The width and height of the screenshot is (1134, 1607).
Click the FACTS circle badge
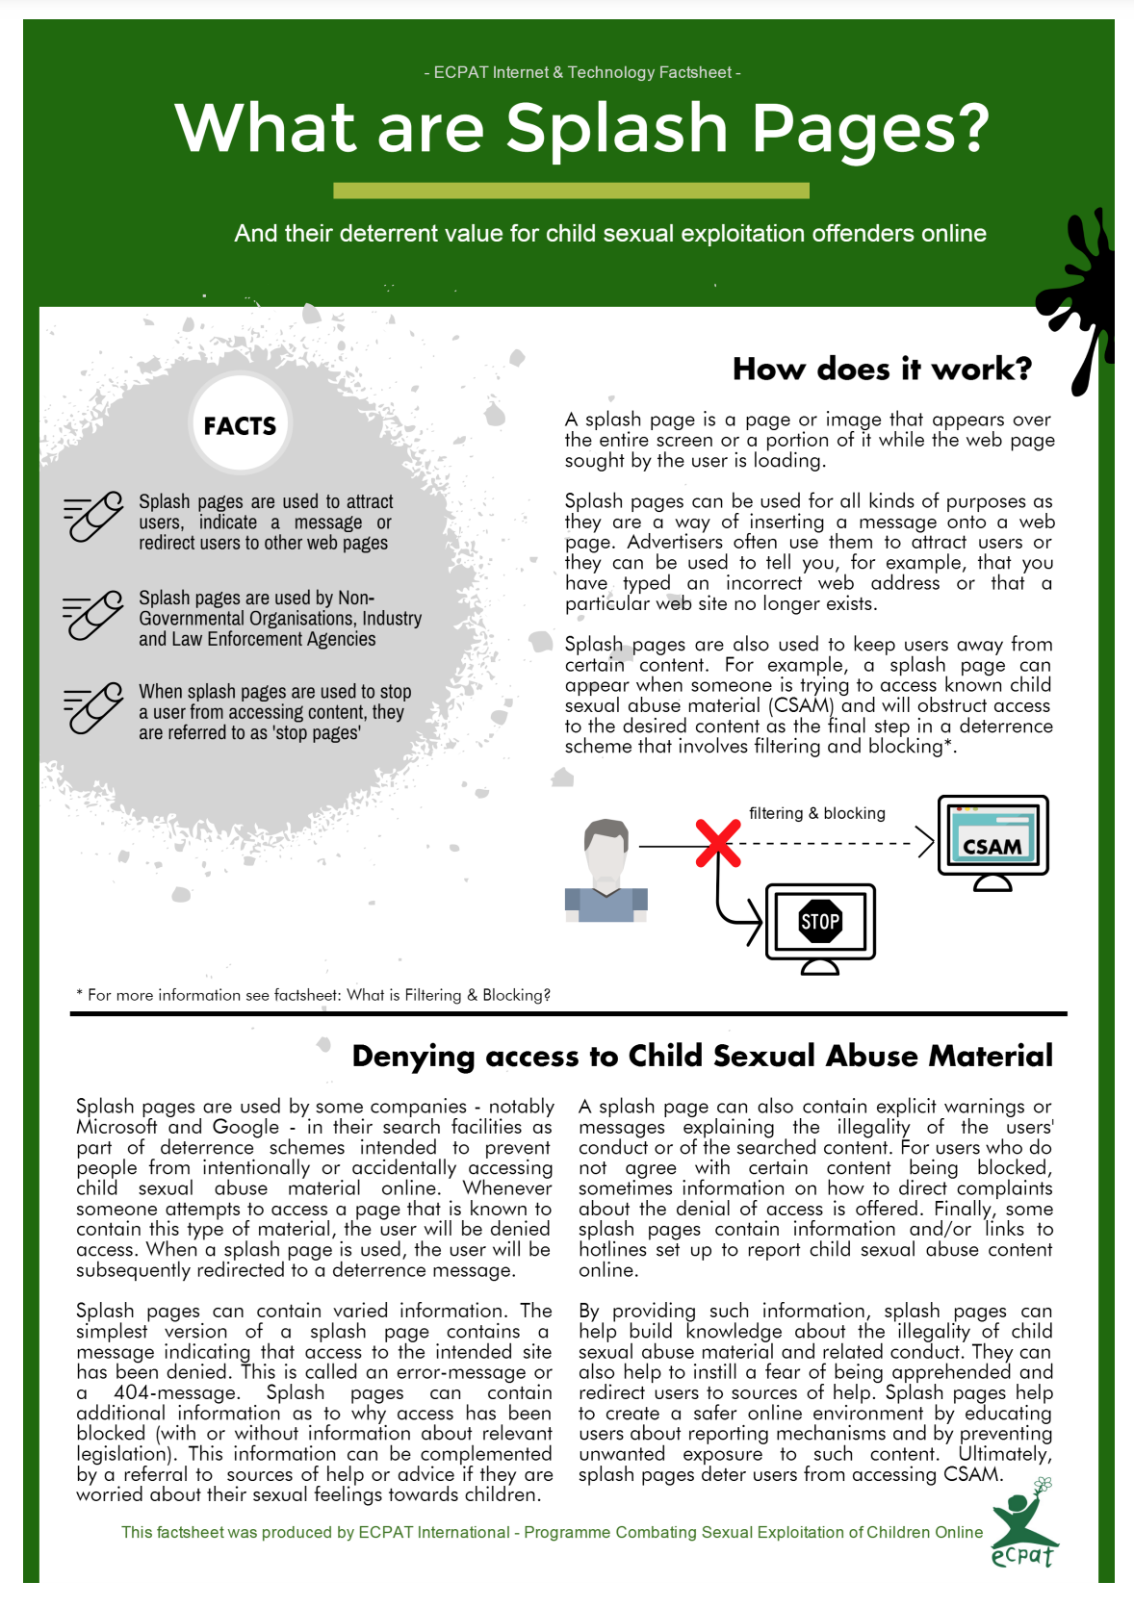pyautogui.click(x=240, y=424)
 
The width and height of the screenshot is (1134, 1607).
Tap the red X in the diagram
pyautogui.click(x=718, y=844)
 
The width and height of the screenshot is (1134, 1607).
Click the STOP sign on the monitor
pyautogui.click(x=820, y=922)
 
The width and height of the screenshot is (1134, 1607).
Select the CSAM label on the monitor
pyautogui.click(x=992, y=846)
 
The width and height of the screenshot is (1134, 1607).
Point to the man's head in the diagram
pyautogui.click(x=606, y=846)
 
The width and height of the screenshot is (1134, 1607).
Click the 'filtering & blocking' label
pyautogui.click(x=816, y=813)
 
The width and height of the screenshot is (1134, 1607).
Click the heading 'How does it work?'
pyautogui.click(x=882, y=369)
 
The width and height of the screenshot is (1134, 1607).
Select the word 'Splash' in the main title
pyautogui.click(x=616, y=128)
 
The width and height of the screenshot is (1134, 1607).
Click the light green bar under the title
pyautogui.click(x=571, y=191)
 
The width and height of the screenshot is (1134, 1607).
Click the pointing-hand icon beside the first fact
pyautogui.click(x=93, y=517)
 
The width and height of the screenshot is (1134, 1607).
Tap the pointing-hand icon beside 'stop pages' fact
pyautogui.click(x=93, y=709)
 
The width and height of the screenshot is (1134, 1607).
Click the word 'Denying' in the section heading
pyautogui.click(x=413, y=1056)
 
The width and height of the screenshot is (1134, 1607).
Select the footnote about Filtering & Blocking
pyautogui.click(x=314, y=995)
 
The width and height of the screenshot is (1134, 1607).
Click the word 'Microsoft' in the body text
pyautogui.click(x=116, y=1127)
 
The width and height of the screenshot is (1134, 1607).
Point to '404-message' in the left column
pyautogui.click(x=175, y=1392)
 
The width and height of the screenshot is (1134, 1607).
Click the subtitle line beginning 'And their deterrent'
pyautogui.click(x=610, y=234)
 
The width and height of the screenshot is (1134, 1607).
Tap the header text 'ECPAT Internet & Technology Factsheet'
pyautogui.click(x=582, y=72)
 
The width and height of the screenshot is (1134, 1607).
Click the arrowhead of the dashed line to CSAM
pyautogui.click(x=925, y=843)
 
